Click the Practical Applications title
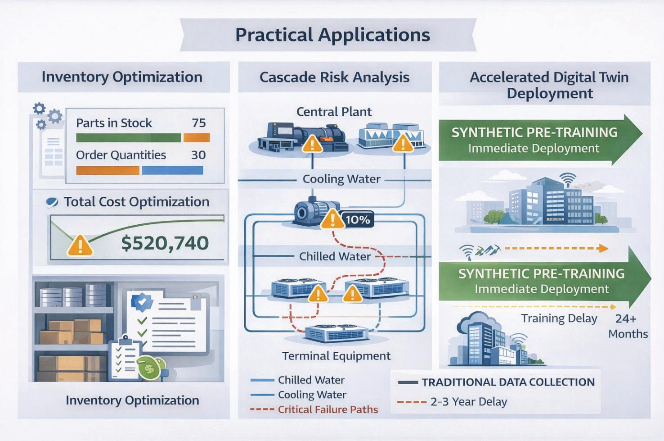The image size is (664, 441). pos(332,35)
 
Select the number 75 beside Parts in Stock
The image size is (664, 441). pos(198,123)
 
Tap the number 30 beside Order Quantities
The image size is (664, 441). pos(198,155)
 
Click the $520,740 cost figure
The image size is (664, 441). pos(165,243)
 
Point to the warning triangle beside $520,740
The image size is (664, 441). pos(80,246)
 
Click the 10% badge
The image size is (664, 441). pos(358,219)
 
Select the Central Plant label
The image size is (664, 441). pos(334,112)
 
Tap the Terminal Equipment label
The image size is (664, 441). pos(336,356)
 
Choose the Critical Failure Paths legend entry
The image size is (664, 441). pos(328,409)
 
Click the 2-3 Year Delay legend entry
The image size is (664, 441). pos(468,401)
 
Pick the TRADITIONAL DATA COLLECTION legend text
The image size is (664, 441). pos(508,382)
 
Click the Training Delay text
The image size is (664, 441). pos(559,318)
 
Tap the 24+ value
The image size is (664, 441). pos(625,318)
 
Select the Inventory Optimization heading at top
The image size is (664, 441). pos(122,77)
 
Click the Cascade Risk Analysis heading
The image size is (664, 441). pos(334,77)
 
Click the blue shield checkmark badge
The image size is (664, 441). pos(142,302)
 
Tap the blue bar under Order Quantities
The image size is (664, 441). pos(172,170)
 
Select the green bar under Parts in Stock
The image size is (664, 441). pos(129,138)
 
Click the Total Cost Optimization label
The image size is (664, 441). pos(136,202)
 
